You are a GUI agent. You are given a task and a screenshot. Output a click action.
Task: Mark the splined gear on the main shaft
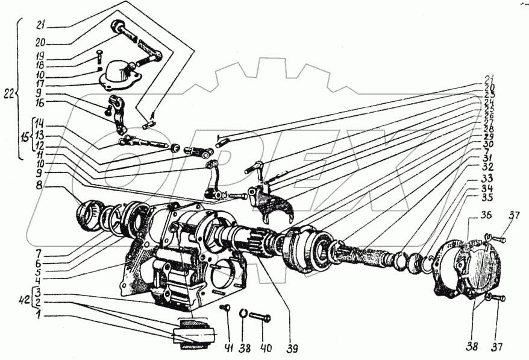(259, 241)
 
